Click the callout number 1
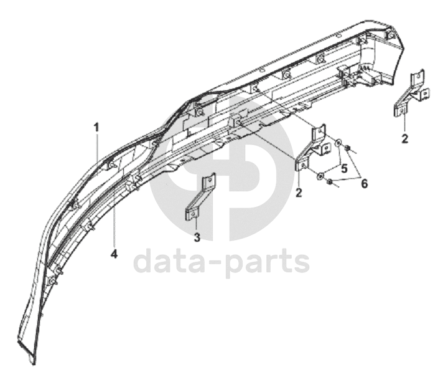coord(97,127)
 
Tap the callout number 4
coord(114,254)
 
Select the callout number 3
coord(197,237)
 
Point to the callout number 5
coord(343,167)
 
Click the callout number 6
coord(365,184)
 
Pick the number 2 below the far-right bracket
coord(404,138)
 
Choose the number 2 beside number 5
coord(299,193)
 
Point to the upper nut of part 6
coord(350,148)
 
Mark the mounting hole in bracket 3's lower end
coord(193,214)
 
